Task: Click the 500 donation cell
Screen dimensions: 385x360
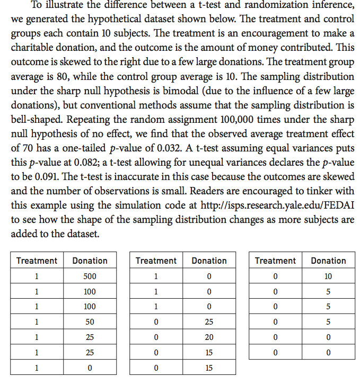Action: coord(90,276)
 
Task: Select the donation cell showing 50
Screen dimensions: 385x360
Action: coord(90,321)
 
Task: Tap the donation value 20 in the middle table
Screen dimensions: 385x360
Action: coord(209,337)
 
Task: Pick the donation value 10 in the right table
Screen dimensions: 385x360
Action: coord(328,276)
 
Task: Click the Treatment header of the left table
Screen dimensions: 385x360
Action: coord(37,261)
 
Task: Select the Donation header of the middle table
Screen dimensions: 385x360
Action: coord(209,261)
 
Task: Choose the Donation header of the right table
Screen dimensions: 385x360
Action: coord(328,261)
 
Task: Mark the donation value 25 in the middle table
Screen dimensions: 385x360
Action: coord(209,321)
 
